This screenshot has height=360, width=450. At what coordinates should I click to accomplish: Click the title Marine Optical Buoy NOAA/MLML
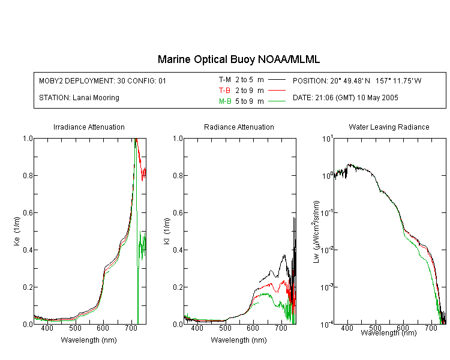coord(238,59)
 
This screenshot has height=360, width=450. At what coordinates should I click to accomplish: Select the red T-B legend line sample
coord(277,91)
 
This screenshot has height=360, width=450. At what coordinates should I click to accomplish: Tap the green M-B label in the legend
coord(225,101)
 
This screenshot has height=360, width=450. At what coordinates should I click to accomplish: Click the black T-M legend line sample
coord(277,80)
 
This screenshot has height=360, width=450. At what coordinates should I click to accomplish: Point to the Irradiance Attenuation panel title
coord(89,127)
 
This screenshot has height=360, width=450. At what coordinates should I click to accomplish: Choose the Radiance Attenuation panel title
coord(239,127)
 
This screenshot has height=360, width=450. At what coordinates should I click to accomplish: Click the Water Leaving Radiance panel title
coord(389,127)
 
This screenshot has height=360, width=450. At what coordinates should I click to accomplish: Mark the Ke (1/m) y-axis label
coord(17,231)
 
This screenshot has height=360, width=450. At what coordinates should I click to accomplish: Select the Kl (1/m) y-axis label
coord(167,231)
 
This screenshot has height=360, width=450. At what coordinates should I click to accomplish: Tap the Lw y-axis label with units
coord(316,232)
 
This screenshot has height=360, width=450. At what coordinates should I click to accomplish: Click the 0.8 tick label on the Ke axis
coord(28,175)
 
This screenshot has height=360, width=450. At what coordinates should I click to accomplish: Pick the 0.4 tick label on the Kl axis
coord(178,250)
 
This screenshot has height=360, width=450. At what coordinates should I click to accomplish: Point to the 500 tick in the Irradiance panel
coord(75,328)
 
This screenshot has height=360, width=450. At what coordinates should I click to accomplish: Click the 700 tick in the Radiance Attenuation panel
coord(281,328)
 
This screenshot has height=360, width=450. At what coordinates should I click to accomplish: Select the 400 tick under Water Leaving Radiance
coord(347,328)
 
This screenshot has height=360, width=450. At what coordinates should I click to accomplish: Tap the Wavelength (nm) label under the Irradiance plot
coord(89,340)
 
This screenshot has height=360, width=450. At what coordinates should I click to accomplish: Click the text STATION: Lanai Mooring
coord(79,98)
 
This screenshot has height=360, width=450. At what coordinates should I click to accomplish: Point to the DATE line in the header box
coord(345,98)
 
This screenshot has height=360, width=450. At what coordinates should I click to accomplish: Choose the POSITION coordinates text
coord(357,80)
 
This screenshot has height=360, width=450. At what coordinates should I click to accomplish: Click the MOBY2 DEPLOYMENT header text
coord(103,80)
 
